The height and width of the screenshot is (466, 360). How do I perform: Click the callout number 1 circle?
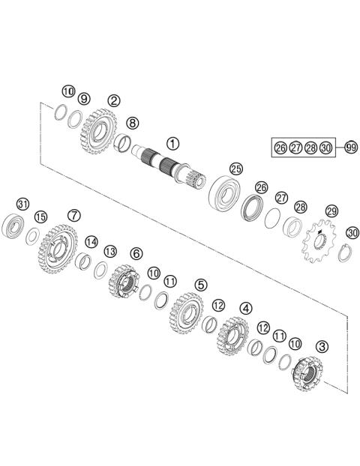(x=174, y=142)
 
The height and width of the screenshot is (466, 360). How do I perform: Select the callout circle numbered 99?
(x=350, y=148)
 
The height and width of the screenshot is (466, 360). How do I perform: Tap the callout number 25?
(x=236, y=169)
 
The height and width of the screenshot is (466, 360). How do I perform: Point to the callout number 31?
(x=23, y=205)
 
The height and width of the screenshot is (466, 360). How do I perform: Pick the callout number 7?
(x=73, y=215)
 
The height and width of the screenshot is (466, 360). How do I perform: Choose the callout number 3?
(x=322, y=346)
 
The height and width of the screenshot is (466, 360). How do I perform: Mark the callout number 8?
(x=133, y=122)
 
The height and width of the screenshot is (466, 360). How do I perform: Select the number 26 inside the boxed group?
(x=280, y=148)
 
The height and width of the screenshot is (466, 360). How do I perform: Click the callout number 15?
(x=40, y=217)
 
